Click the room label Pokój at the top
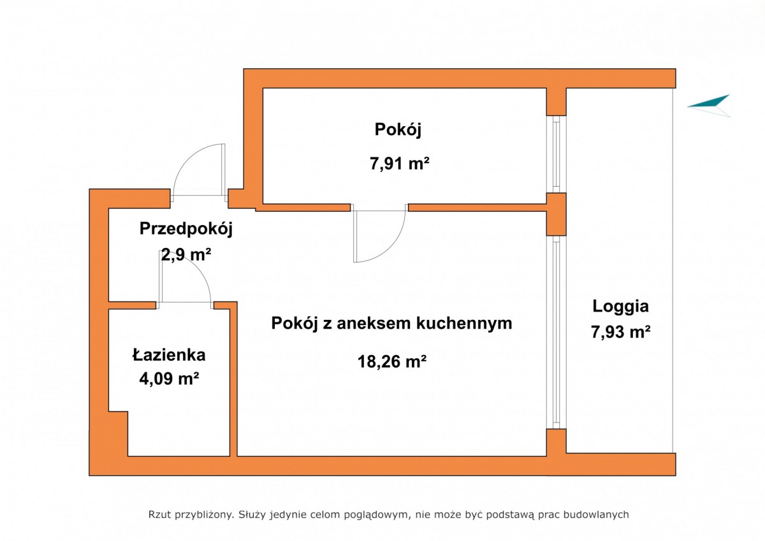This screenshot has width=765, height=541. click(398, 130)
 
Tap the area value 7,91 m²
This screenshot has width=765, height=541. click(400, 164)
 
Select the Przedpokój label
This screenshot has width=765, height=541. click(186, 229)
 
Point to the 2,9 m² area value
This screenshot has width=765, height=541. click(186, 254)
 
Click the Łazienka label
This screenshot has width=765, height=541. click(169, 355)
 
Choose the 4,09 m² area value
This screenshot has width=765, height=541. click(169, 379)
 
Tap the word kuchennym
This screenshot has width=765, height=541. click(464, 323)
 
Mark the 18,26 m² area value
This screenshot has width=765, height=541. click(392, 361)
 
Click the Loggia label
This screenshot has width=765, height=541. click(620, 307)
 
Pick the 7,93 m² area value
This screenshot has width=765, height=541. click(620, 332)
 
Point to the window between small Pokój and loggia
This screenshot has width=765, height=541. click(557, 154)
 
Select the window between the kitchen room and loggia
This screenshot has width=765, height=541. click(557, 332)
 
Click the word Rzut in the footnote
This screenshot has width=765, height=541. click(160, 514)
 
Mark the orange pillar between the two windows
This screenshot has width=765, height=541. click(557, 214)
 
